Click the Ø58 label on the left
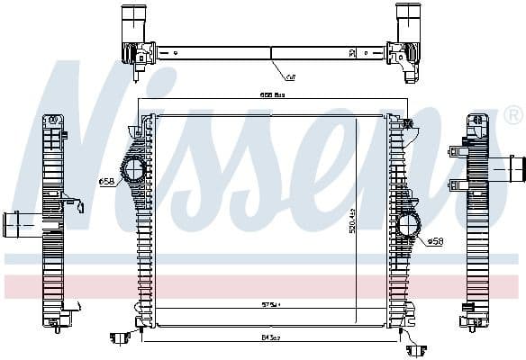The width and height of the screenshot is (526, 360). click(106, 182)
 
